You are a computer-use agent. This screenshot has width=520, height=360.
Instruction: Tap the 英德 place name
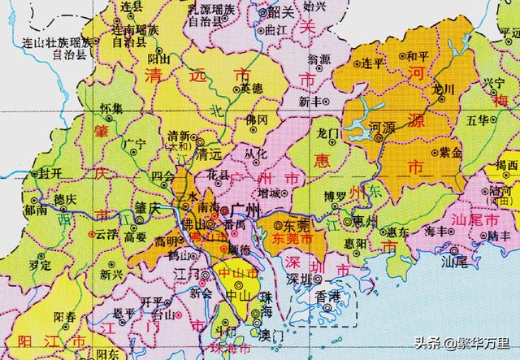[x=252, y=87]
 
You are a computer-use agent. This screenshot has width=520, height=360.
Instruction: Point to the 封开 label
[x=41, y=174]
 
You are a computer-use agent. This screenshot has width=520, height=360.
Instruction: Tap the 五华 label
[x=479, y=122]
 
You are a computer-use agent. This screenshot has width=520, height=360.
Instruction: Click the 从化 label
[x=255, y=153]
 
